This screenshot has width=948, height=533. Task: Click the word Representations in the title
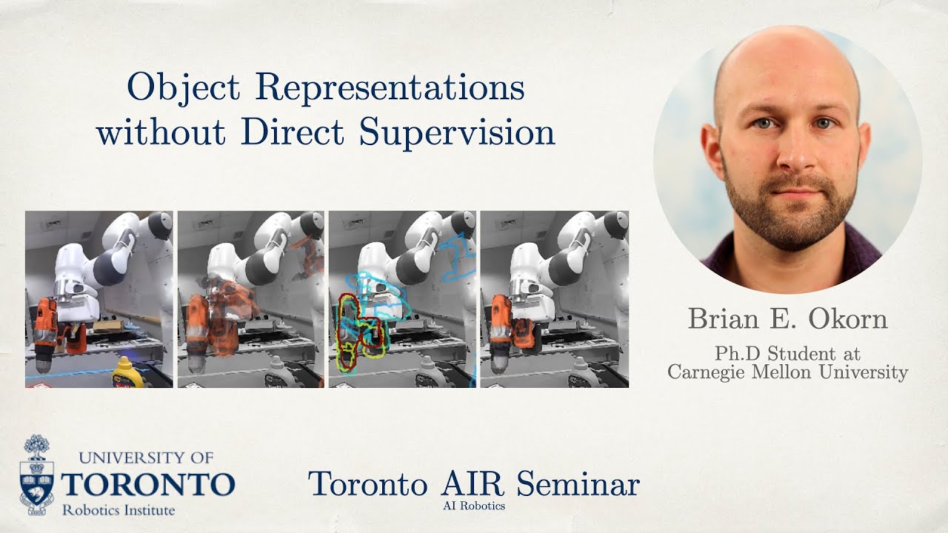[x=390, y=89]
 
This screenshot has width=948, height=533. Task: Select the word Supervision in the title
[x=457, y=133]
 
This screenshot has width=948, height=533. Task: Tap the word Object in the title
[x=184, y=87]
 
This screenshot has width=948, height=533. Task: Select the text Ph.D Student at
[x=787, y=354]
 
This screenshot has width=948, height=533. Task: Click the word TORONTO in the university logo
[x=148, y=485]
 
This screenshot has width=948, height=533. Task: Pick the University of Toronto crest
[x=36, y=474]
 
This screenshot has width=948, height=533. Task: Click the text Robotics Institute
[x=118, y=510]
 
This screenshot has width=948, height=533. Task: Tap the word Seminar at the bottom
[x=578, y=484]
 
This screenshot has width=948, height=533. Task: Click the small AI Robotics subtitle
[x=474, y=506]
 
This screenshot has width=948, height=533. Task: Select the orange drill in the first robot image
[x=47, y=326]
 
